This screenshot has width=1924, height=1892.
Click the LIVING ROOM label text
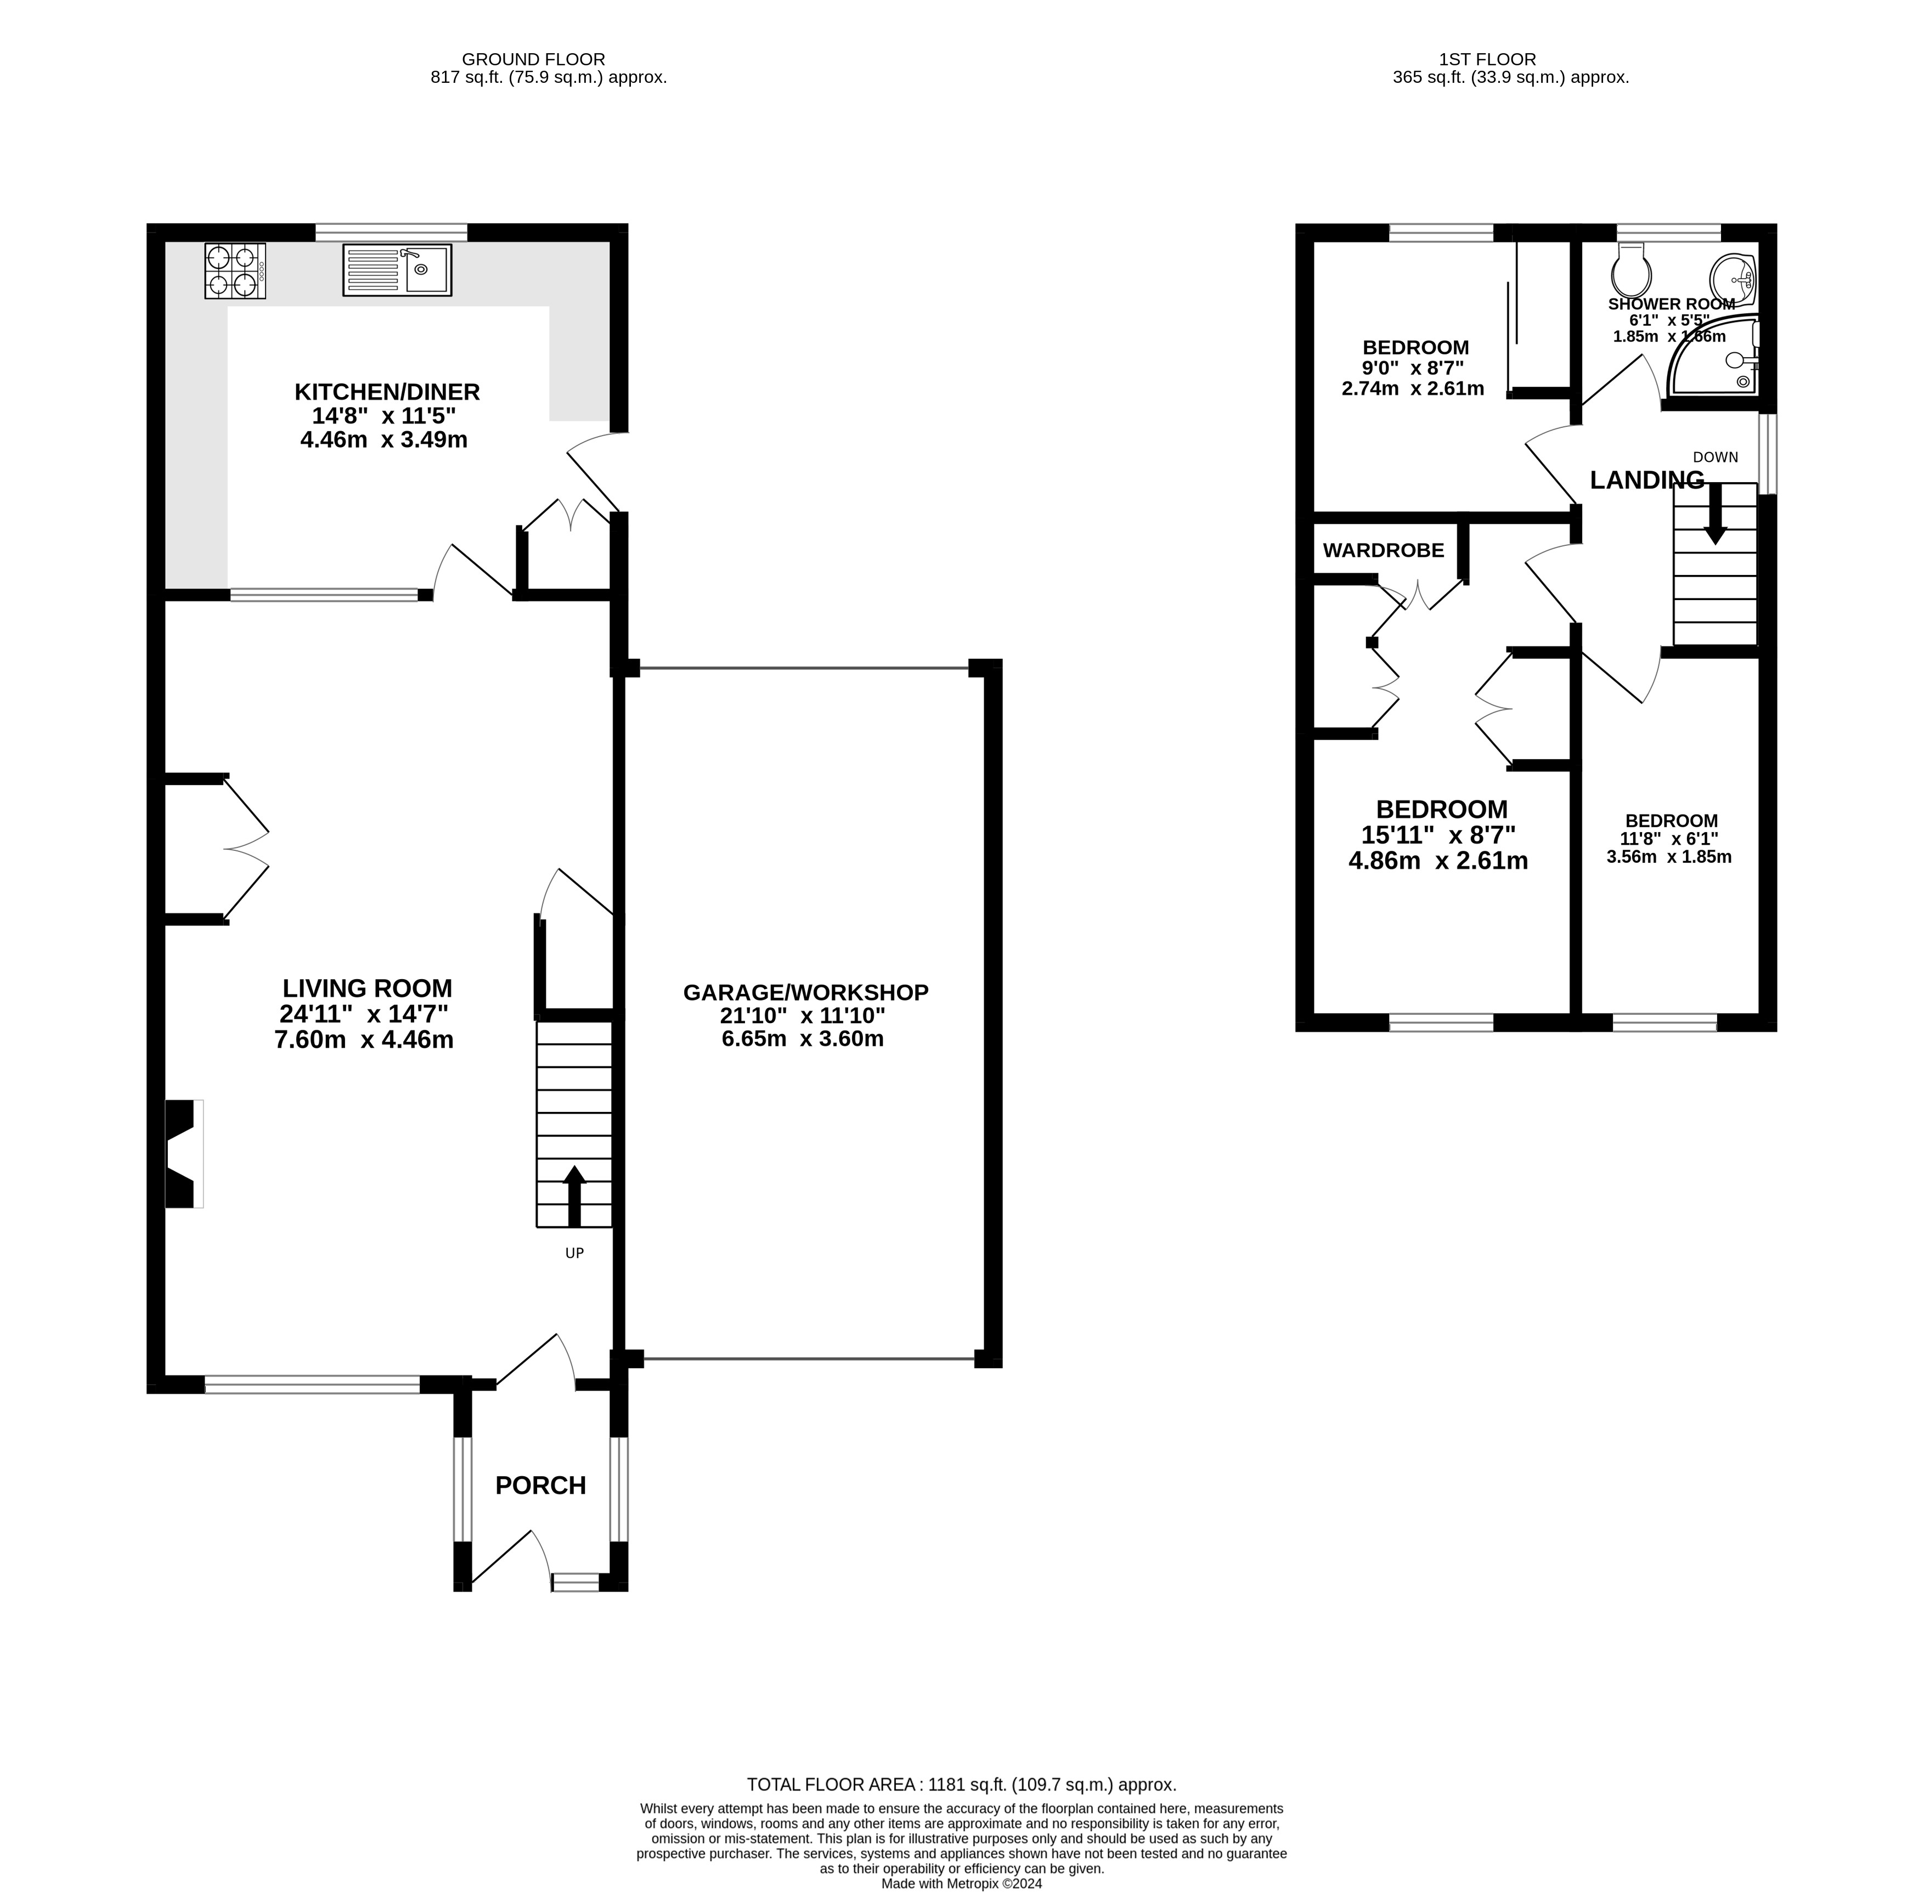(368, 988)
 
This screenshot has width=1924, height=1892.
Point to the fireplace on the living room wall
(184, 1154)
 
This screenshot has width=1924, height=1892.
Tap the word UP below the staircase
(574, 1253)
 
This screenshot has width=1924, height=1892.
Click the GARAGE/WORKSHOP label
(806, 992)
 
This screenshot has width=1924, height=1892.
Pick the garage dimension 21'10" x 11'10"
(803, 1015)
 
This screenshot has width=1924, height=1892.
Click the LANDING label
(1647, 480)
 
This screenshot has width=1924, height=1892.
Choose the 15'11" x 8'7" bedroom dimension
(1438, 835)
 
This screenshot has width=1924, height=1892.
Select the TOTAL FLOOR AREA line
(961, 1784)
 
